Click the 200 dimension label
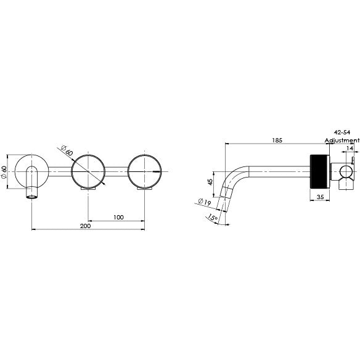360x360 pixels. (x=86, y=226)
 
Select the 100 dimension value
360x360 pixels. (x=118, y=217)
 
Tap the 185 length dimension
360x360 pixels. (x=277, y=140)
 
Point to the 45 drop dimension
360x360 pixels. (x=210, y=182)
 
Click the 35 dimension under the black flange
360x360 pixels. (x=320, y=197)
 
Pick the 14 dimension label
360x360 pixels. (x=350, y=149)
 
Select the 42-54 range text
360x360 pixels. (x=342, y=133)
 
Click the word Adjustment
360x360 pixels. (x=342, y=141)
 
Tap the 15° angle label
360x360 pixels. (x=213, y=217)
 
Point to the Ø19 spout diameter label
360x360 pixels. (x=204, y=202)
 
